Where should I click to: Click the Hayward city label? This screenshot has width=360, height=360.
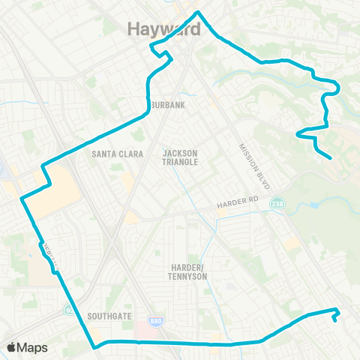(x=163, y=28)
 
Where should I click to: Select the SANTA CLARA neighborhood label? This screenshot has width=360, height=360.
(x=112, y=154)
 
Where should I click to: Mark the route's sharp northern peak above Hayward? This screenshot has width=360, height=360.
(x=197, y=13)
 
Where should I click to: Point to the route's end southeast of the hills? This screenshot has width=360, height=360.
(x=331, y=157)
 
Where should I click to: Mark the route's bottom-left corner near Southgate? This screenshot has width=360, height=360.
(x=94, y=347)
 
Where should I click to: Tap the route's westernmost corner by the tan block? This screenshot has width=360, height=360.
(x=22, y=199)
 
